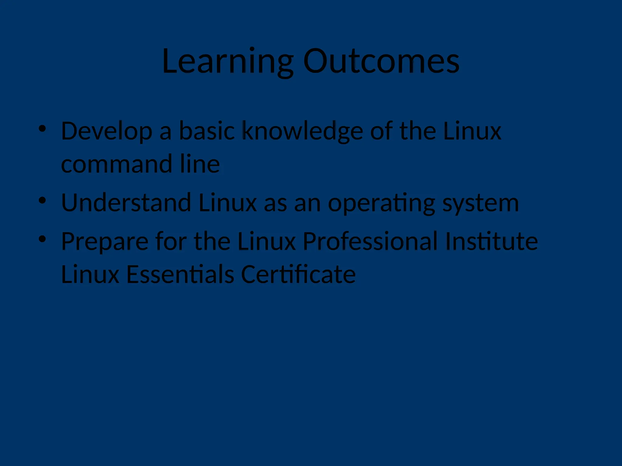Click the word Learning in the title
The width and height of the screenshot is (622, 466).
point(228,62)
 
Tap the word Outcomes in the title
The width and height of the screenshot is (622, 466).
point(381,62)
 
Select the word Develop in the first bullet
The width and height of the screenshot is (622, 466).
point(107,131)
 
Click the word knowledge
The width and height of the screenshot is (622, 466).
point(302,131)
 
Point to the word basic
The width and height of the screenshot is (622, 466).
point(207,131)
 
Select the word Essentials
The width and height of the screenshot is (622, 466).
point(180,274)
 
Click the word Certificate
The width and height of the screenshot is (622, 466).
point(298,274)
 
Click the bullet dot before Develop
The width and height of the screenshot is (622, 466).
point(42,129)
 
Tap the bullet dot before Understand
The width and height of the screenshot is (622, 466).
point(42,200)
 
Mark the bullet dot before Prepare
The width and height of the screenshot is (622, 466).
point(42,239)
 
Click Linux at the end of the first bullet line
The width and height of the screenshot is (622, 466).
point(472,131)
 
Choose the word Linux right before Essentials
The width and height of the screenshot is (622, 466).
point(90,274)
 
